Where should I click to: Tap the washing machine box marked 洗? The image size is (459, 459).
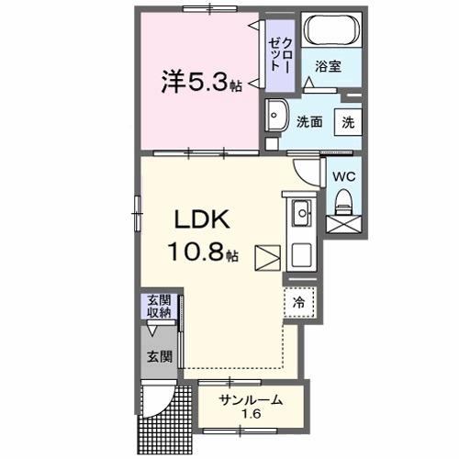(x=348, y=121)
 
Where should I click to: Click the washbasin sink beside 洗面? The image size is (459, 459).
(x=276, y=117)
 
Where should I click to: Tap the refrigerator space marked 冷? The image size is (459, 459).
(x=298, y=301)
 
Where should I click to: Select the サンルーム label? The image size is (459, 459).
(x=250, y=400)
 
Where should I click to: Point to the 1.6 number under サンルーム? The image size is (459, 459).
(x=250, y=415)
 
